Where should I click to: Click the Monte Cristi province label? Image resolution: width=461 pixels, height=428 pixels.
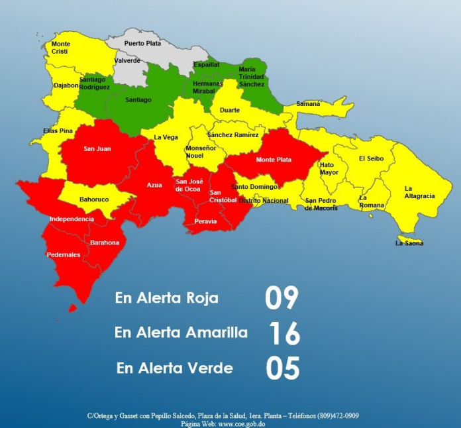60,48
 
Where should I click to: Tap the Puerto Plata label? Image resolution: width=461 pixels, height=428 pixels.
142,43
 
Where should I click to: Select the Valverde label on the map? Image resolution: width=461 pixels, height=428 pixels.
127,60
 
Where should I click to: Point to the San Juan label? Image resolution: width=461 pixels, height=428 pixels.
97,148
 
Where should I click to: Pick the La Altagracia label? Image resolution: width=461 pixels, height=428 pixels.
419,192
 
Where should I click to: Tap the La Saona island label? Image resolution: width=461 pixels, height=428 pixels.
409,243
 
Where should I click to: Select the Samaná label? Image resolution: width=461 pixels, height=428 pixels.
308,104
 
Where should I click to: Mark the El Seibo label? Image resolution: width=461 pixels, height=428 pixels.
371,158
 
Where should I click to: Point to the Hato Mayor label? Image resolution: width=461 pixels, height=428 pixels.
329,168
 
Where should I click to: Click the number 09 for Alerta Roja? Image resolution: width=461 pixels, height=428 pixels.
282,299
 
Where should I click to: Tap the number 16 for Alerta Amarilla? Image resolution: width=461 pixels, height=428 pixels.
284,333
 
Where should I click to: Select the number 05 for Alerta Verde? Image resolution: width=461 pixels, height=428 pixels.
283,368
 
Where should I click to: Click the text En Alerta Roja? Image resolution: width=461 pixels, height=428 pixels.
166,298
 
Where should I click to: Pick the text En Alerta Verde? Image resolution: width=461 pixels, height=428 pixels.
174,368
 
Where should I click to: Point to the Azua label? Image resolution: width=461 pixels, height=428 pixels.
154,185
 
